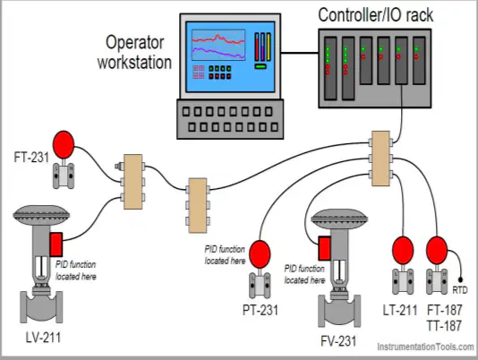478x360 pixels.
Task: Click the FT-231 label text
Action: click(x=31, y=158)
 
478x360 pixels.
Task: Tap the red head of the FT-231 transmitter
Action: click(x=64, y=144)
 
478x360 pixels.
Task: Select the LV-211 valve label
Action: click(x=43, y=338)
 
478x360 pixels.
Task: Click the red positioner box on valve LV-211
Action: click(x=56, y=244)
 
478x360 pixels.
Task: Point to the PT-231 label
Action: click(x=260, y=310)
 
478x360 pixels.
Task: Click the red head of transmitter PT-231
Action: click(x=260, y=254)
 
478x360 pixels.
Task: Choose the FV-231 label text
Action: click(x=338, y=341)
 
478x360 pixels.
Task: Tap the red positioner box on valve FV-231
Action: click(x=324, y=248)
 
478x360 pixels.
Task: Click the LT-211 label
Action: click(x=400, y=310)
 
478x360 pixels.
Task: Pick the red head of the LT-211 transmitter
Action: click(x=403, y=250)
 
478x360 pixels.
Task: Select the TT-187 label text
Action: click(x=444, y=326)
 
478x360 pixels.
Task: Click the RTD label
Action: click(x=460, y=290)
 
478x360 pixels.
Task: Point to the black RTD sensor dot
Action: click(x=460, y=279)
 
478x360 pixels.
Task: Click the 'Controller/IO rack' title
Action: click(x=376, y=15)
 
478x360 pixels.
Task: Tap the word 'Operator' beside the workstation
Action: click(x=135, y=42)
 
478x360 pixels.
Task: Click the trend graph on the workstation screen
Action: click(x=218, y=45)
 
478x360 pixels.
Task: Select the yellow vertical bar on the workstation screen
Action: click(x=269, y=47)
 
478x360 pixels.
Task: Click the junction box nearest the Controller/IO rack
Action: click(x=380, y=159)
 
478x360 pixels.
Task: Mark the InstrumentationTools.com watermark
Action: click(x=425, y=347)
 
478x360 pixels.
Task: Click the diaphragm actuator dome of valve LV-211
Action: click(x=41, y=215)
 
